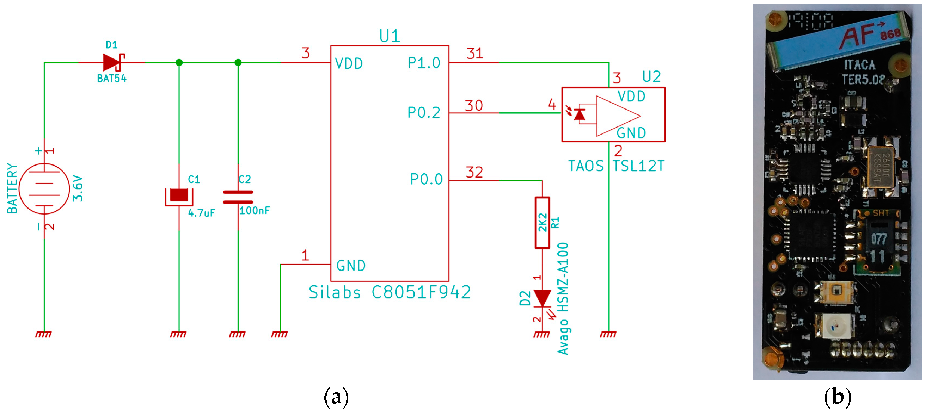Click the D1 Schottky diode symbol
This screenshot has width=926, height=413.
[x=112, y=62]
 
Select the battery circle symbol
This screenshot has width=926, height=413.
[x=44, y=188]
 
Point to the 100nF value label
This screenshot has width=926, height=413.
[x=254, y=211]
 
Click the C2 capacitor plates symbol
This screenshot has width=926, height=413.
[x=238, y=197]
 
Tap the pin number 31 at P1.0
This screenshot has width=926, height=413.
[x=474, y=54]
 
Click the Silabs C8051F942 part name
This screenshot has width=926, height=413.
[x=389, y=292]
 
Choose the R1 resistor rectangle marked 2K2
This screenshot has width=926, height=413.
[x=542, y=223]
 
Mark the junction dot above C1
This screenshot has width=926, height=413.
[x=179, y=63]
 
